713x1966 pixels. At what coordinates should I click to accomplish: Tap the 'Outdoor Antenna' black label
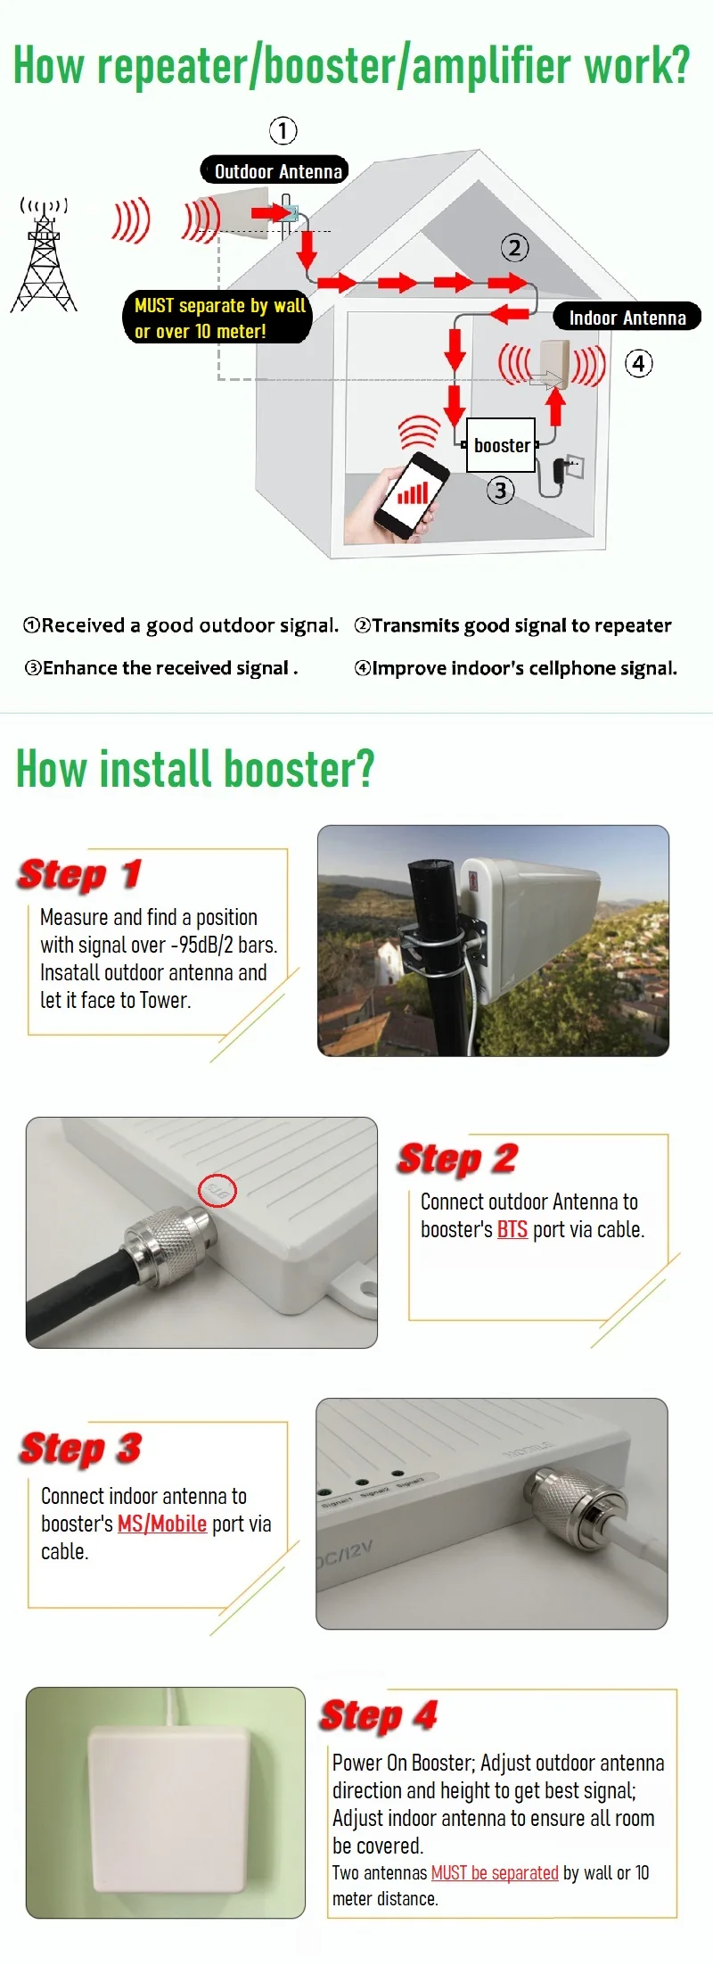tap(274, 170)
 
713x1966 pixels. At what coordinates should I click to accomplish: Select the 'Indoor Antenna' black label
tap(627, 317)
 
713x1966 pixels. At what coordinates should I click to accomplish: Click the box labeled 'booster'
tap(501, 445)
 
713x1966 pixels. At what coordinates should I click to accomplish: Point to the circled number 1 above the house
tap(283, 131)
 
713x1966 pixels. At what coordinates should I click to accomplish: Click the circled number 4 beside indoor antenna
tap(638, 364)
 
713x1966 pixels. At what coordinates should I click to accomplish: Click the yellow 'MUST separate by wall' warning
tap(218, 318)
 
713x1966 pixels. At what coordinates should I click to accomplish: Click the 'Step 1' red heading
tap(79, 874)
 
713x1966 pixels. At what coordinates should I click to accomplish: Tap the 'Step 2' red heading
tap(457, 1159)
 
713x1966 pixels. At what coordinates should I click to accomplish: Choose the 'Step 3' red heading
tap(80, 1448)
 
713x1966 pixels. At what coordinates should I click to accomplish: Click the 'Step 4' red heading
tap(379, 1714)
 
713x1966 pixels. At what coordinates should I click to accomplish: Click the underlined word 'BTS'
tap(512, 1229)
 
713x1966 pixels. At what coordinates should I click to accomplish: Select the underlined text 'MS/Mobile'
tap(162, 1524)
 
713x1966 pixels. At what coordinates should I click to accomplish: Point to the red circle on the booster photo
tap(217, 1191)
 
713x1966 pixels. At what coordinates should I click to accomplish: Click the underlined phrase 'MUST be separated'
tap(495, 1872)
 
